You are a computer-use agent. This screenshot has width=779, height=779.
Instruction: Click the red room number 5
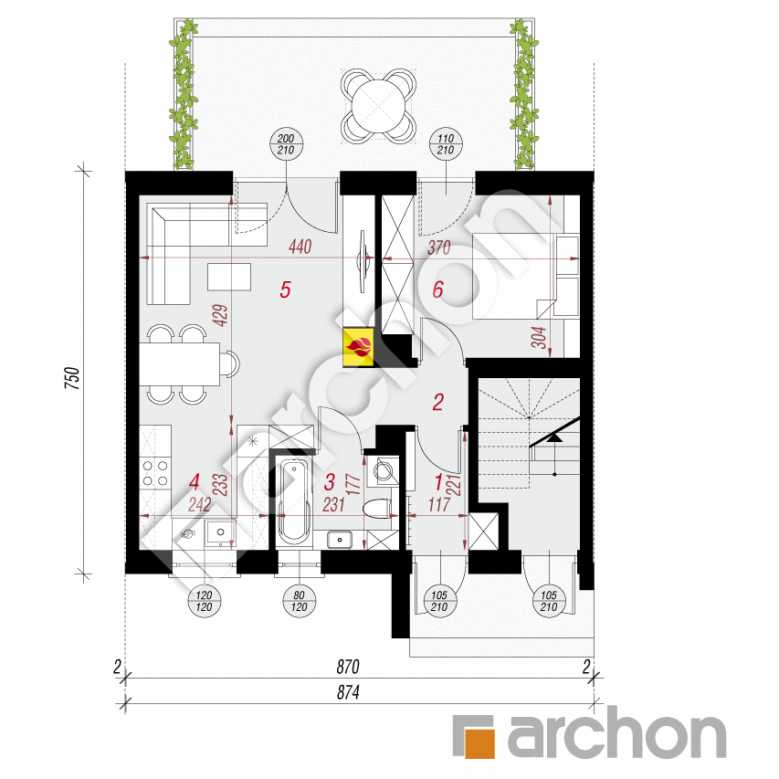pyautogui.click(x=285, y=291)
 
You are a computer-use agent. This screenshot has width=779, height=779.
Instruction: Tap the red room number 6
pyautogui.click(x=437, y=291)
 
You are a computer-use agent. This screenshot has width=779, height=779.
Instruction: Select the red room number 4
pyautogui.click(x=193, y=480)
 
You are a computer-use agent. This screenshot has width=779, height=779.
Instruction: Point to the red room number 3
pyautogui.click(x=331, y=480)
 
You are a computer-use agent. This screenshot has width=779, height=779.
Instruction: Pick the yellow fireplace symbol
pyautogui.click(x=357, y=346)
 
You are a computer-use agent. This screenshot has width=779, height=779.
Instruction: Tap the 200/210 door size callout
pyautogui.click(x=286, y=146)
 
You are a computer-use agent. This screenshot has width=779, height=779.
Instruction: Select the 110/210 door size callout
pyautogui.click(x=446, y=146)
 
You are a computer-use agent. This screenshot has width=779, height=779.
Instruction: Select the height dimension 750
pyautogui.click(x=74, y=377)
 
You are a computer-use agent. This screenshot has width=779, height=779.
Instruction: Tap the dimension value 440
pyautogui.click(x=301, y=246)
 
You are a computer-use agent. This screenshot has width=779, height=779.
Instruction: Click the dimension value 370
pyautogui.click(x=441, y=246)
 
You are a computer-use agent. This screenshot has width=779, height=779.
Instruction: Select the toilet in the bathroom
pyautogui.click(x=377, y=508)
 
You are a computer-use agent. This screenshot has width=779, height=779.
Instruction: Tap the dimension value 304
pyautogui.click(x=538, y=340)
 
